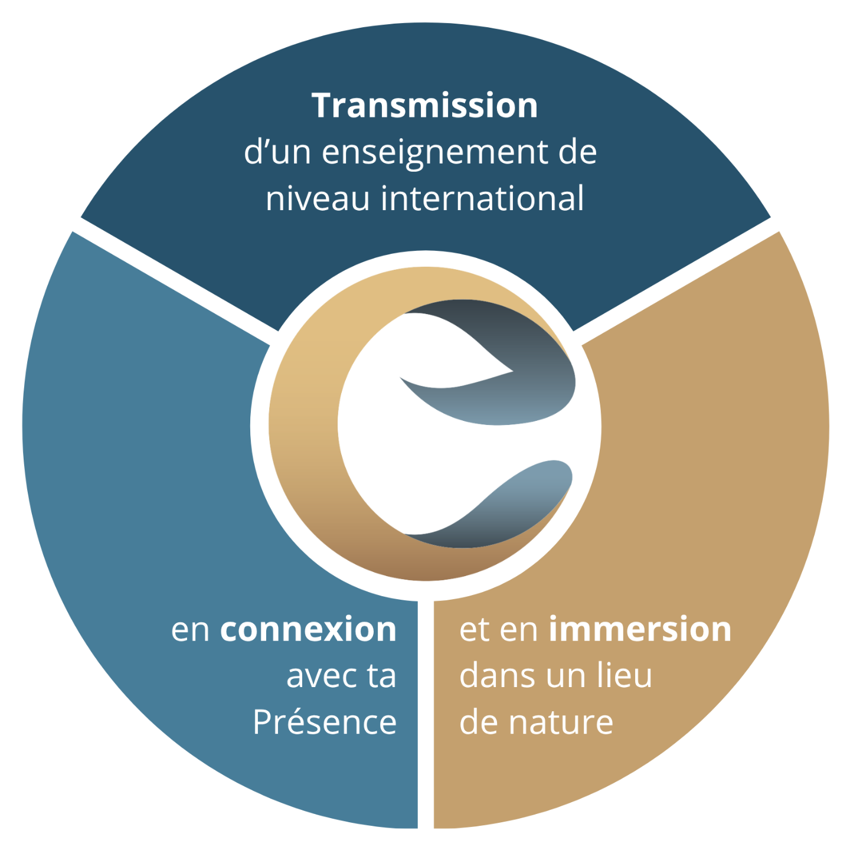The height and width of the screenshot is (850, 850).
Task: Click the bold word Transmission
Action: point(424,106)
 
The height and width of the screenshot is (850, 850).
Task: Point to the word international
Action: point(482,198)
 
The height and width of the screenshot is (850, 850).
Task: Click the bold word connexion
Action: point(308,629)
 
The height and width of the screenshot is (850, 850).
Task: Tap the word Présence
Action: point(325,722)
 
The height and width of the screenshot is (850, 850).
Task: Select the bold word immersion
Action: point(640,629)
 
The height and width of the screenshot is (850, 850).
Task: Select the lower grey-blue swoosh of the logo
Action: point(519,502)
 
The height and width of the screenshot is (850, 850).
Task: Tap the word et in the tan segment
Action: point(475,629)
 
